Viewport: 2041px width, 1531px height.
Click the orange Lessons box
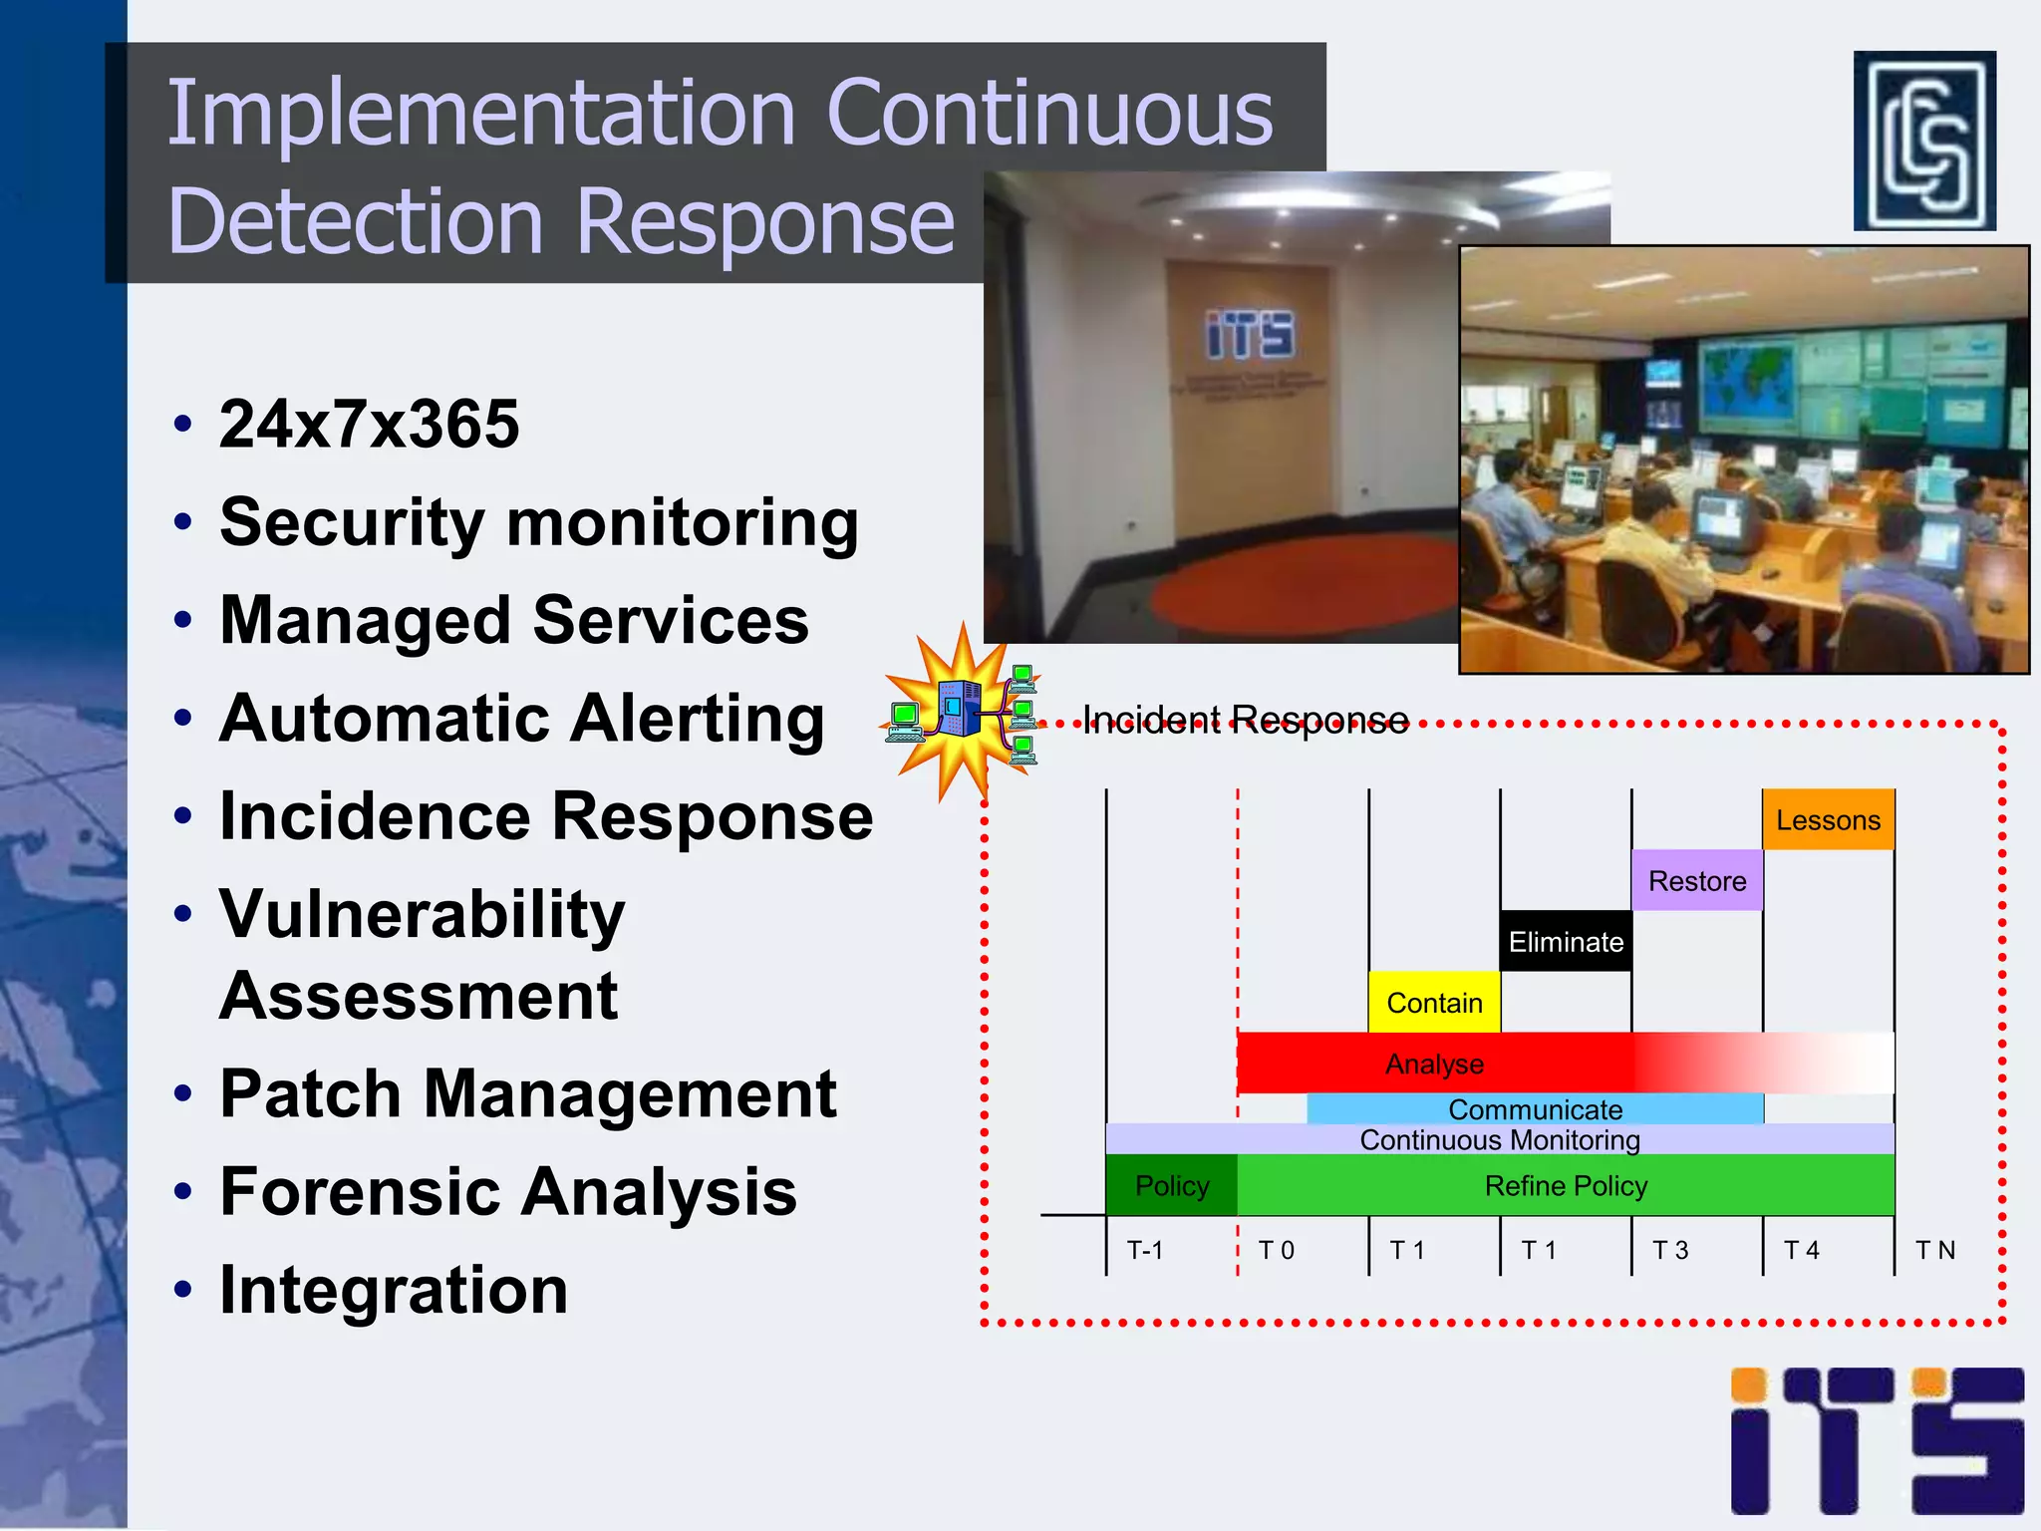[x=1828, y=820]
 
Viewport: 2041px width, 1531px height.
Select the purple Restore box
[x=1696, y=881]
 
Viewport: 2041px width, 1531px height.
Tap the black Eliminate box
[x=1566, y=942]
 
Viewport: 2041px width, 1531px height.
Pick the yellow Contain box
[x=1434, y=1003]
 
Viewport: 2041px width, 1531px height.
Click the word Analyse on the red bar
[x=1434, y=1065]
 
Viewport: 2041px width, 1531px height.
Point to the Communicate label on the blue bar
[x=1535, y=1109]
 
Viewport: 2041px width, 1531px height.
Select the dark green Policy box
[x=1172, y=1186]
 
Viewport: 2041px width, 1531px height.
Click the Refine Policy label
[x=1566, y=1186]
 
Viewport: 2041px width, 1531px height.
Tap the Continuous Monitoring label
[x=1500, y=1140]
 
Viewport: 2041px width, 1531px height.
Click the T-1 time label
[x=1144, y=1250]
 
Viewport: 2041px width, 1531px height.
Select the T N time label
[x=1935, y=1250]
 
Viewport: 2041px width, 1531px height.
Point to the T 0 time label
[x=1276, y=1250]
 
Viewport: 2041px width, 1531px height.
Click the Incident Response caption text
[x=1246, y=720]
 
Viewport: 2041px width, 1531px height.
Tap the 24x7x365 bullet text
[x=369, y=425]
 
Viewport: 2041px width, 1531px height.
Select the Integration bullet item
[x=394, y=1291]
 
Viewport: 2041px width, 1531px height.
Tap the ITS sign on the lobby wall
[x=1250, y=334]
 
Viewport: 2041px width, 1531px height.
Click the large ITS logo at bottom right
[x=1877, y=1441]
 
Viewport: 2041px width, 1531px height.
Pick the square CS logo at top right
[x=1924, y=141]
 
